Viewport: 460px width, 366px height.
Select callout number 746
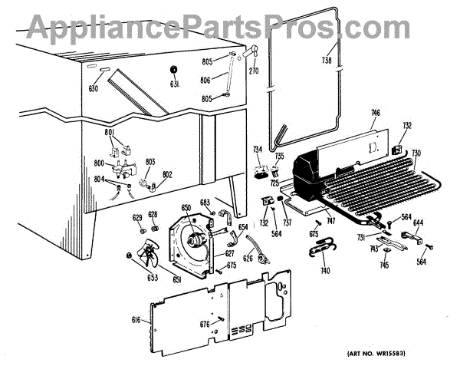(375, 114)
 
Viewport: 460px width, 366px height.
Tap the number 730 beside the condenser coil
(416, 154)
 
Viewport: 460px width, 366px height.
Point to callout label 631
(176, 84)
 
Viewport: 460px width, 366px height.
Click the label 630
(94, 88)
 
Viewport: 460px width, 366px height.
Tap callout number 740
(325, 272)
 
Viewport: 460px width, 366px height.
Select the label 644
(419, 223)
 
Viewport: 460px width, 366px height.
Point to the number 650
(186, 207)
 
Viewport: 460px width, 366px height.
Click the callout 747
(330, 219)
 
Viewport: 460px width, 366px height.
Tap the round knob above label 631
(175, 69)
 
